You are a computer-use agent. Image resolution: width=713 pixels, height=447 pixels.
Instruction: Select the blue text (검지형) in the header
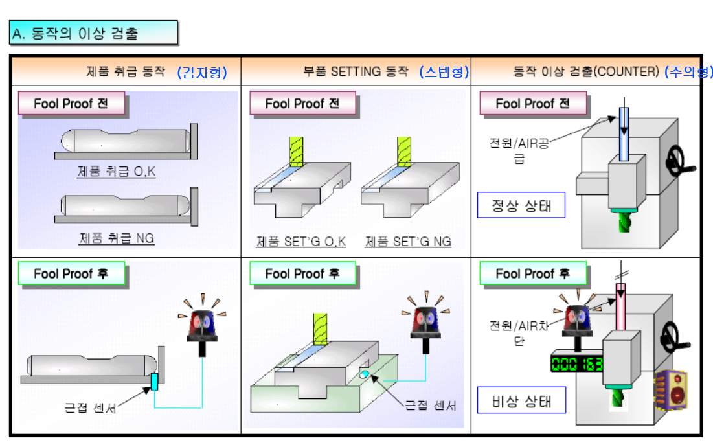[202, 72]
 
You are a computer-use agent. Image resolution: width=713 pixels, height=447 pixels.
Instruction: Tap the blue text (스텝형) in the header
[444, 72]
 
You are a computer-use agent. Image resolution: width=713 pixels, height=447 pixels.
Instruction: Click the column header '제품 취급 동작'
[126, 72]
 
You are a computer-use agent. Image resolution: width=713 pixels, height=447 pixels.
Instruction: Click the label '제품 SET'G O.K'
[301, 242]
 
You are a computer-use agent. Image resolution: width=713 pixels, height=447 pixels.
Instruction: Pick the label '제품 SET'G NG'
[408, 242]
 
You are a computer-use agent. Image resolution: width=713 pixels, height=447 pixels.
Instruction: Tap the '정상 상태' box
[521, 205]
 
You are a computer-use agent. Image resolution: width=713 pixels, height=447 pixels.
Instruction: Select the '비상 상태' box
[521, 401]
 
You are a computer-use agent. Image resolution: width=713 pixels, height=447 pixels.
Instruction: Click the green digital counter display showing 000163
[576, 363]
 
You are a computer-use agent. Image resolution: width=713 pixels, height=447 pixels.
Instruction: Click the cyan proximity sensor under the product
[154, 382]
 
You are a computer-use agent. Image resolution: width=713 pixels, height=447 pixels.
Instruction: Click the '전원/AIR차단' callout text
[519, 332]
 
